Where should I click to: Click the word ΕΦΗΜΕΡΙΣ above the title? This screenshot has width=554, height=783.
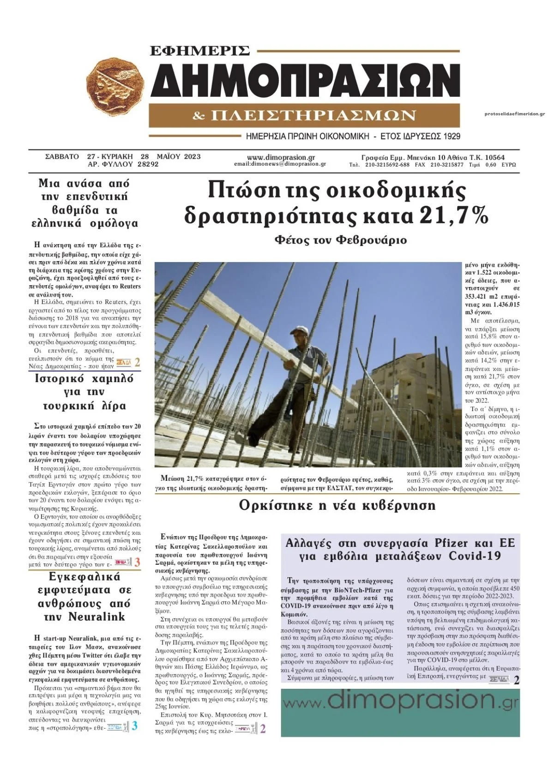(200, 50)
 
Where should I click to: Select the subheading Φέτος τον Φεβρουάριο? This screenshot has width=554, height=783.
(340, 240)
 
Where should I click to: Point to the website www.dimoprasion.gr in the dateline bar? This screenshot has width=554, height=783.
(281, 157)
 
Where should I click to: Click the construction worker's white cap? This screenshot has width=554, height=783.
(299, 330)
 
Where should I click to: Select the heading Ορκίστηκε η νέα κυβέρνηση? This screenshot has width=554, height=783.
(337, 505)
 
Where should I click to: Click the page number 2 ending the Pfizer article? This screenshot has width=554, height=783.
(517, 680)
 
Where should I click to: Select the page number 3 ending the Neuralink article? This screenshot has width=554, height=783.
(134, 726)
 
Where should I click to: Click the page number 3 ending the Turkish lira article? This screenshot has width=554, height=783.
(137, 562)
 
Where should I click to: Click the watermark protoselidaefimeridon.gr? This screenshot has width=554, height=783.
(515, 114)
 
